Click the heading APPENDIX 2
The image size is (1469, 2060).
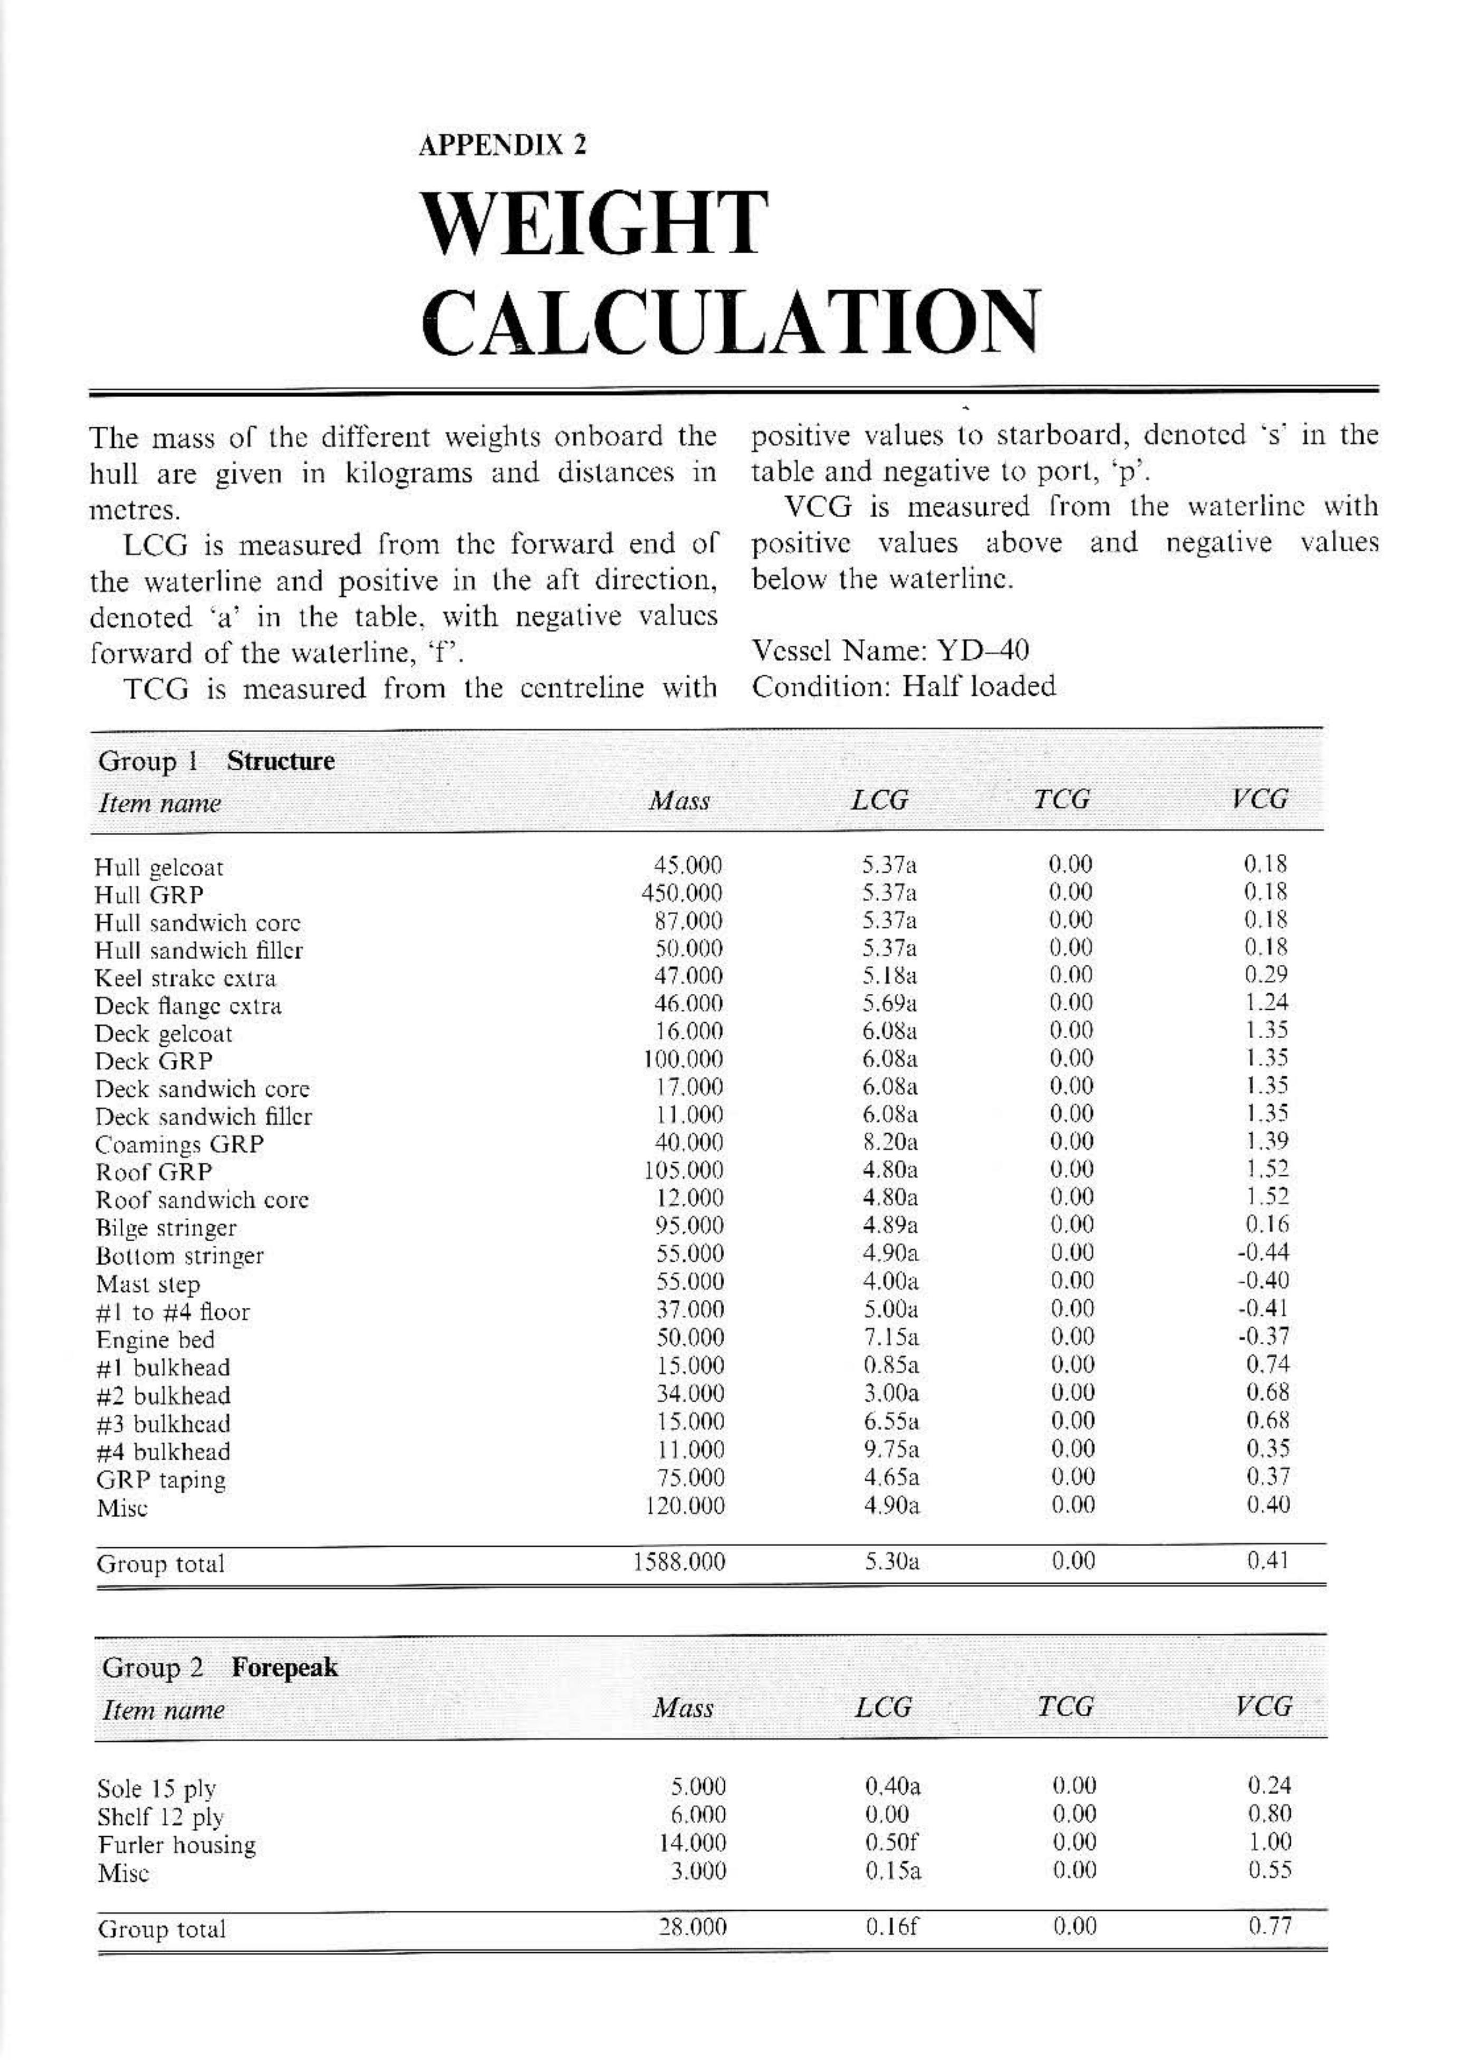[502, 145]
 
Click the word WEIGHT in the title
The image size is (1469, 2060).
[594, 224]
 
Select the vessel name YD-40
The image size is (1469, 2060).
[982, 650]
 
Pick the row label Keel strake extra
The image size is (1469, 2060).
[186, 978]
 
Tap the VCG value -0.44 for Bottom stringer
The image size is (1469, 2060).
[1264, 1253]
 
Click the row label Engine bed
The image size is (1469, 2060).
[156, 1340]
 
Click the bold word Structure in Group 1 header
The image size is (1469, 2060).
[281, 761]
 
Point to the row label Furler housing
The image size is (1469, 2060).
[177, 1846]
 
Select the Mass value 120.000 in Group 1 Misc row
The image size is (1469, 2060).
[684, 1506]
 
